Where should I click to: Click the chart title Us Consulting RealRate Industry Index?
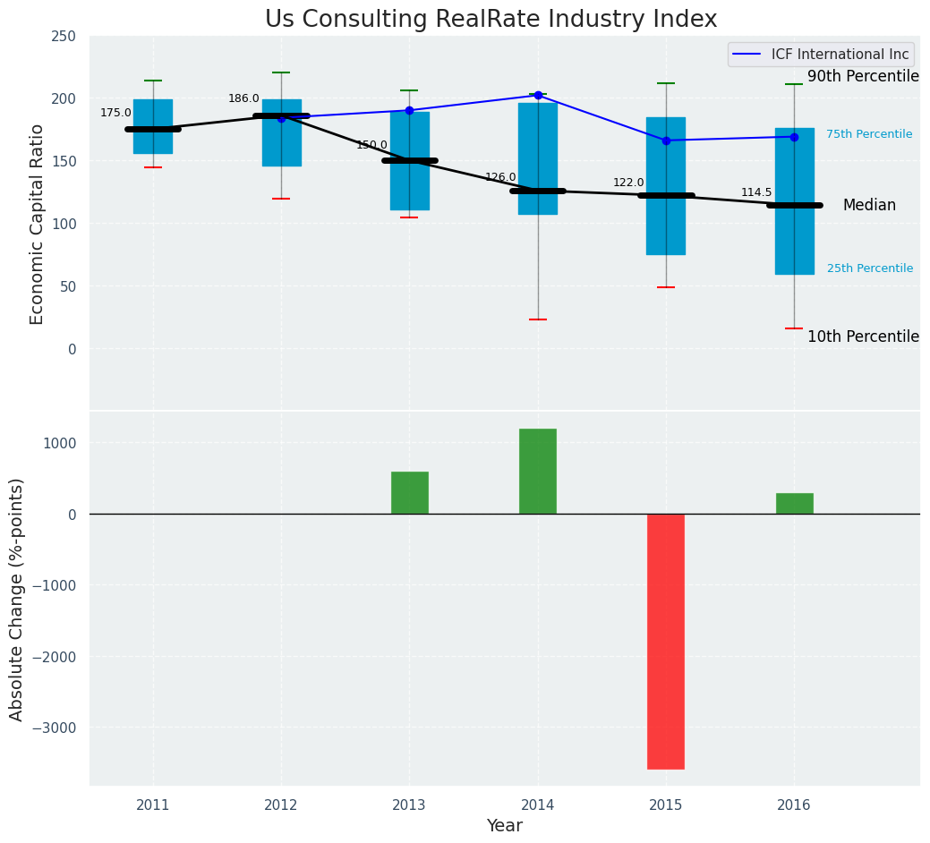coord(491,20)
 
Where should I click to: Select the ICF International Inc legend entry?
coord(821,55)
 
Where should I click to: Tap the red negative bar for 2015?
coord(666,641)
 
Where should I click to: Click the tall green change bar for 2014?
coord(537,471)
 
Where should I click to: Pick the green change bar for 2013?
coord(409,492)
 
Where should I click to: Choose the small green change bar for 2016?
coord(794,503)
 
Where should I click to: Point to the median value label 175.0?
coord(115,114)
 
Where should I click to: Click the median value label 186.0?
coord(243,99)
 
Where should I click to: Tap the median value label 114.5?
coord(756,193)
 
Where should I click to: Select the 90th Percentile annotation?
coord(863,77)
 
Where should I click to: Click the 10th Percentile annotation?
coord(863,337)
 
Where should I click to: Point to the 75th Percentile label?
coord(869,135)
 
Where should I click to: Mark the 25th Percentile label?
coord(870,269)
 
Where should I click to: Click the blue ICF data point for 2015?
coord(666,140)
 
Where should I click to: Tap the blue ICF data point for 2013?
coord(409,111)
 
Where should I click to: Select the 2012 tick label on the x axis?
coord(281,805)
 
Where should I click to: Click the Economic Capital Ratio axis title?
coord(38,224)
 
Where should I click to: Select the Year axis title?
coord(505,826)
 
